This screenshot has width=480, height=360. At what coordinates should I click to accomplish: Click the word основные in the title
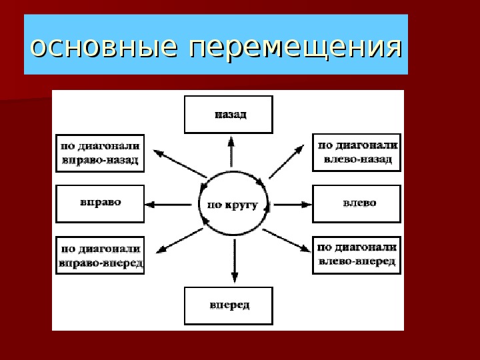pyautogui.click(x=104, y=48)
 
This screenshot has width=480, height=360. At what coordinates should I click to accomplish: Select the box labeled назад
pyautogui.click(x=229, y=115)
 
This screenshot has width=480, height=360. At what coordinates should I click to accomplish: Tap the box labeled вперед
pyautogui.click(x=229, y=306)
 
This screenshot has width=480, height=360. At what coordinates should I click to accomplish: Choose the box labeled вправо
pyautogui.click(x=100, y=203)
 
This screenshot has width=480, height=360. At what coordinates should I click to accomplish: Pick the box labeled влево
pyautogui.click(x=357, y=203)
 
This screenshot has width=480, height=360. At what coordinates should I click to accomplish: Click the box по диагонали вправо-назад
pyautogui.click(x=100, y=153)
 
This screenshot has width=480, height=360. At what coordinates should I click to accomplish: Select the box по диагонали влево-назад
pyautogui.click(x=357, y=153)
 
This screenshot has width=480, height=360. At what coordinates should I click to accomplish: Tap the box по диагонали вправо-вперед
pyautogui.click(x=100, y=255)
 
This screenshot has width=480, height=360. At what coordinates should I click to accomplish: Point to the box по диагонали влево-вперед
pyautogui.click(x=357, y=255)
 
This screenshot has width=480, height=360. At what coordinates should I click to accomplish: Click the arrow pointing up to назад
pyautogui.click(x=231, y=151)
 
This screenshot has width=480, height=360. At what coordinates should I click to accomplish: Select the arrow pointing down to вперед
pyautogui.click(x=235, y=261)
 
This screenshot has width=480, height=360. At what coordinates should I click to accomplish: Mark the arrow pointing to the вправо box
pyautogui.click(x=168, y=205)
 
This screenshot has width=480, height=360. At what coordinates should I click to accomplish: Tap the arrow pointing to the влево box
pyautogui.click(x=293, y=205)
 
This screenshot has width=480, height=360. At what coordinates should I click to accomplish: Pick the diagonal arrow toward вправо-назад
pyautogui.click(x=180, y=163)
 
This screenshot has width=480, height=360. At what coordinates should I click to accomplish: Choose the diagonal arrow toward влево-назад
pyautogui.click(x=287, y=161)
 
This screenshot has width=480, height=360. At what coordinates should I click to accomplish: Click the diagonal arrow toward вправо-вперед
pyautogui.click(x=179, y=241)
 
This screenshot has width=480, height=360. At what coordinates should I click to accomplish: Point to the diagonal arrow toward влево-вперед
pyautogui.click(x=287, y=241)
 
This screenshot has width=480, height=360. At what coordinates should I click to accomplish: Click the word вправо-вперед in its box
pyautogui.click(x=101, y=263)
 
